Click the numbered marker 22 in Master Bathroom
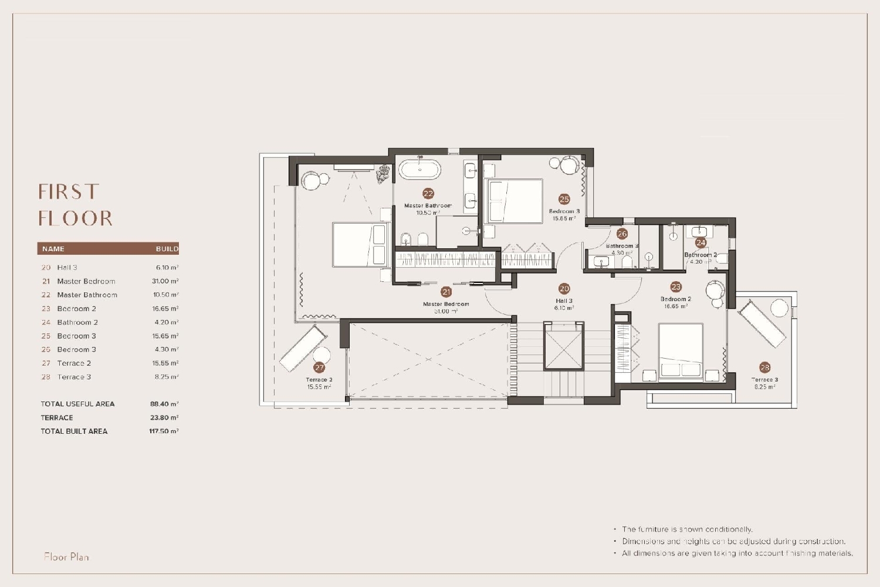tap(428, 194)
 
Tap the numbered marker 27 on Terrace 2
tap(319, 367)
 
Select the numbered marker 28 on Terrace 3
tap(764, 367)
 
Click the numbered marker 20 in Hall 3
tap(564, 289)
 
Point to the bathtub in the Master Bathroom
tap(419, 170)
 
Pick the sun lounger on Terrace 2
tap(302, 349)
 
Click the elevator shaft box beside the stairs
tap(564, 346)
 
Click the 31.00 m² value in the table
tap(165, 281)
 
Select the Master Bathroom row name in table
tap(87, 295)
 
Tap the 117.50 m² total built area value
tap(163, 431)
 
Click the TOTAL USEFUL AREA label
tap(77, 404)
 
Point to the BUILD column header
tap(167, 249)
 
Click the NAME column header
tap(53, 249)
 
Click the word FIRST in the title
tap(69, 192)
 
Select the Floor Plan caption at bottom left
tap(66, 556)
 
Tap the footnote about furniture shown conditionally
tap(687, 529)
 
